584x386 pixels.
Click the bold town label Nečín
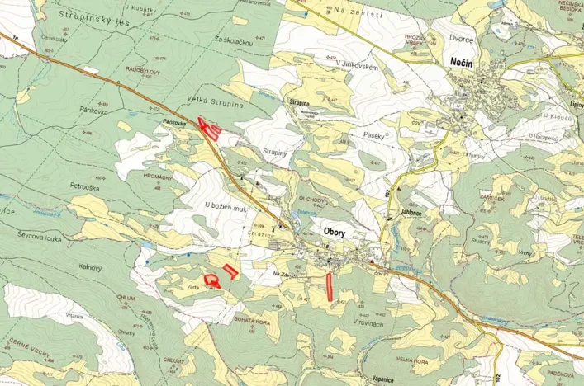click(x=461, y=62)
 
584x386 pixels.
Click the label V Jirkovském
click(x=358, y=67)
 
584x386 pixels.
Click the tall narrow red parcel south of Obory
click(x=329, y=284)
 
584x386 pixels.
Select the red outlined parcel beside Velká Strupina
click(x=210, y=129)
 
